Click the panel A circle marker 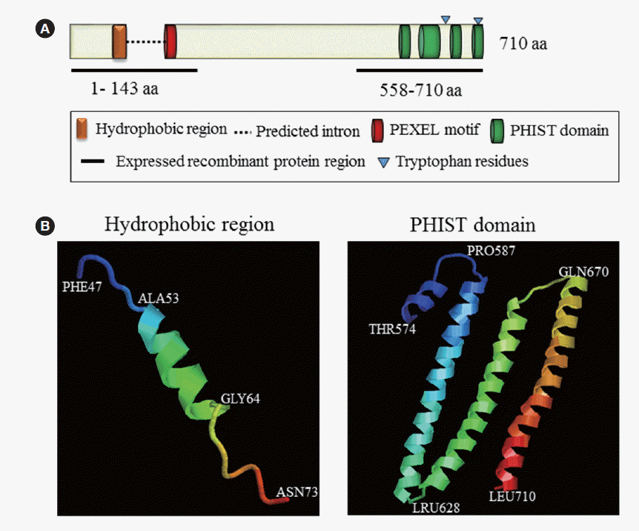pos(46,30)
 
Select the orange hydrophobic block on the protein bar pos(119,41)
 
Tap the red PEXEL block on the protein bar pos(170,41)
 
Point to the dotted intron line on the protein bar pos(145,42)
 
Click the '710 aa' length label pos(523,43)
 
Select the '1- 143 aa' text pos(125,89)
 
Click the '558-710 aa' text pos(421,90)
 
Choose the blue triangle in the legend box pos(382,161)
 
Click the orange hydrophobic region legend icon pos(81,130)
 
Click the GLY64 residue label pos(240,399)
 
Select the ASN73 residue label pos(295,492)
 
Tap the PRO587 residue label pos(491,251)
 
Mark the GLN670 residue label pos(584,272)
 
